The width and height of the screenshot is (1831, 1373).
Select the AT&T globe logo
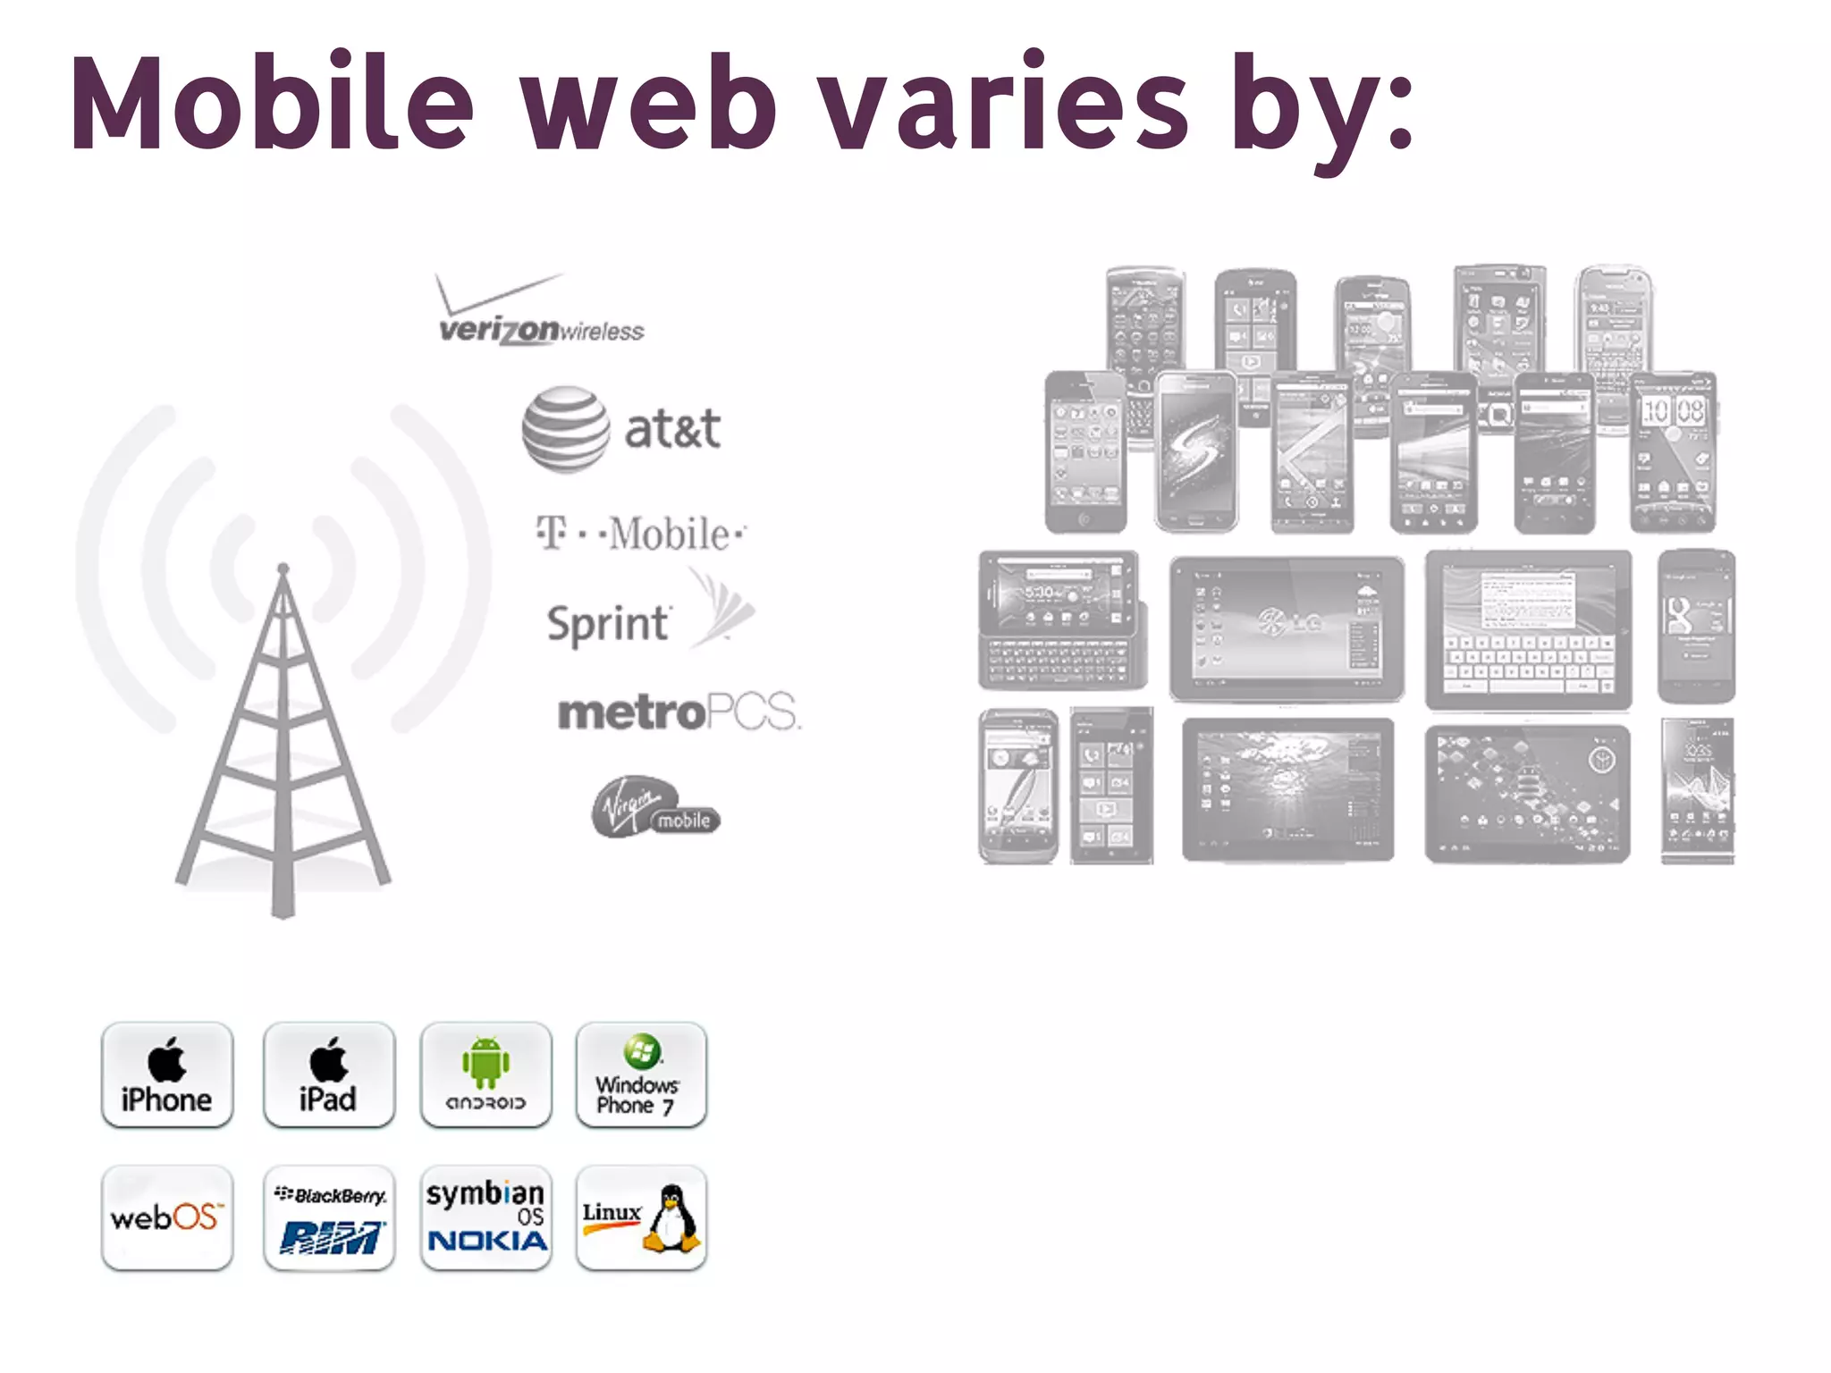(566, 429)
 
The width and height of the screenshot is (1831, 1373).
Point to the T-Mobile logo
(640, 534)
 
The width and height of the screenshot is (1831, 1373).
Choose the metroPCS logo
(679, 712)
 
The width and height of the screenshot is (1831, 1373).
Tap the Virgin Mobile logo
(655, 807)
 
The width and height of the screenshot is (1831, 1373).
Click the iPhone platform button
(167, 1075)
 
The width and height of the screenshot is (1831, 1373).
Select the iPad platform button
(329, 1075)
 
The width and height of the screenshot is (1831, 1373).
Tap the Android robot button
(485, 1075)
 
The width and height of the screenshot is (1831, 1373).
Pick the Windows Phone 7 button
(641, 1075)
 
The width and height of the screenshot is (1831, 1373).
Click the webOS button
(167, 1217)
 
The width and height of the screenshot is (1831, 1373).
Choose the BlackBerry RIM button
(329, 1217)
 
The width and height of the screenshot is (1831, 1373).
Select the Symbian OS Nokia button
(485, 1217)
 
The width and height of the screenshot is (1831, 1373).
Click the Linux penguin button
(641, 1217)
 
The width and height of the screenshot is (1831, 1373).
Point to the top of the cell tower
(283, 569)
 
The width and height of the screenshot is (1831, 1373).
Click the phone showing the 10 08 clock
(1673, 452)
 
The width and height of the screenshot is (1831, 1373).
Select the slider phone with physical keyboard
(1061, 620)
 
